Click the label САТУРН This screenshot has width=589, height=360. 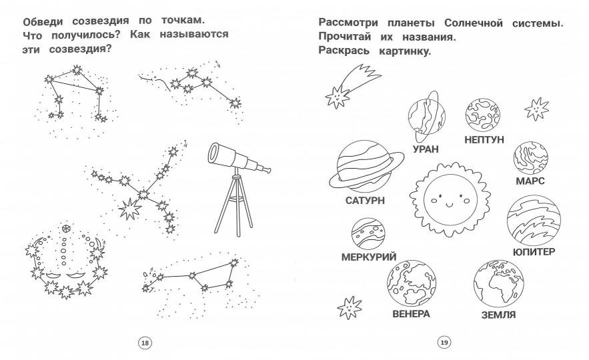point(365,201)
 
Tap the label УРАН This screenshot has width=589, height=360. point(426,149)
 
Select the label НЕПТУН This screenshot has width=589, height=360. point(484,139)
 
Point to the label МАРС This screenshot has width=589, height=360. point(530,181)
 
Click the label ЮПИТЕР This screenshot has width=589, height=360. point(534,251)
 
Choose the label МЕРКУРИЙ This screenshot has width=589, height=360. point(369,257)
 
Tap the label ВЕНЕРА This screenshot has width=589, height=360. point(411,314)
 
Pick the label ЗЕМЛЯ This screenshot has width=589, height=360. point(498,315)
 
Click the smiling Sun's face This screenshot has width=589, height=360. point(450,199)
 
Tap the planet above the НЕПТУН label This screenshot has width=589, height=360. point(483,115)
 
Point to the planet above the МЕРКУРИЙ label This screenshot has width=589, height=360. point(368,233)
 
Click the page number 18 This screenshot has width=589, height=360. point(145,343)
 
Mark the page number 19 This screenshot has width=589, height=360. point(444,343)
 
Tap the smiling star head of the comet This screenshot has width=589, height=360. point(337,97)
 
